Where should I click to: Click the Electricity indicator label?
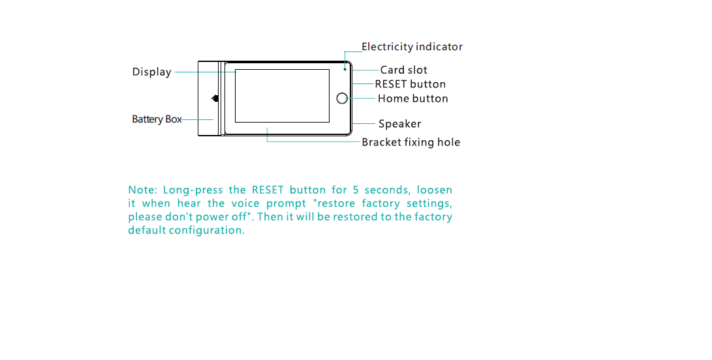[x=412, y=47]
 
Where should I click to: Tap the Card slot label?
[x=404, y=70]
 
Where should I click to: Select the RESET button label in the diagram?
[x=410, y=84]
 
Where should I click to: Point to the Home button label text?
[x=412, y=98]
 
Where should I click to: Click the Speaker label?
[x=399, y=124]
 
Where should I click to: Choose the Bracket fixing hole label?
[x=411, y=142]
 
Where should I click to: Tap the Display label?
[x=151, y=72]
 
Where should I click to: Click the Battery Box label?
[x=157, y=119]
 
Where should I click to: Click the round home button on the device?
[x=342, y=98]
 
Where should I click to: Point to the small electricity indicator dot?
[x=345, y=68]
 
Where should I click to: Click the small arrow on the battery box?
[x=215, y=98]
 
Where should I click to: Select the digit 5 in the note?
[x=356, y=190]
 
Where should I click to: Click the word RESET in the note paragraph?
[x=268, y=190]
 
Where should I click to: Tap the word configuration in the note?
[x=207, y=230]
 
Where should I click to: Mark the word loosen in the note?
[x=435, y=190]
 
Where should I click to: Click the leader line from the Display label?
[x=206, y=72]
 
